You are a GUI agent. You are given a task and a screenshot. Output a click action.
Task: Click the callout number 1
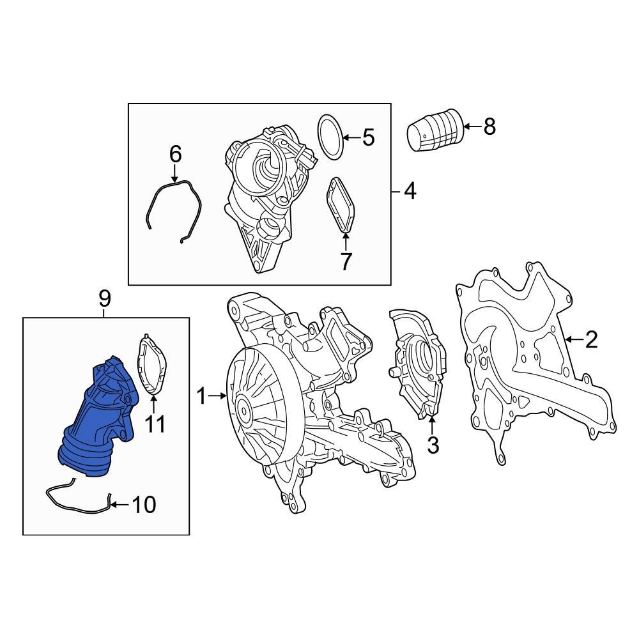tap(201, 397)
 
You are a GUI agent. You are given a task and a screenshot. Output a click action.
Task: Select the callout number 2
tap(591, 339)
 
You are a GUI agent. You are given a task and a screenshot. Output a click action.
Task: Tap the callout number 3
tap(433, 445)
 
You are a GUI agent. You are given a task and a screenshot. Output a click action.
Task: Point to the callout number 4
tap(410, 190)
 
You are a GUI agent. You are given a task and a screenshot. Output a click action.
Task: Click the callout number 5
tap(368, 137)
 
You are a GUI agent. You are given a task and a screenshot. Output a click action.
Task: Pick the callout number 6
tap(175, 154)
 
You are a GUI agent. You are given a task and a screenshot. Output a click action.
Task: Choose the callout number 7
tap(346, 261)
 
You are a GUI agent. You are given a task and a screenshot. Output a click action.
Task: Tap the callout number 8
tap(489, 127)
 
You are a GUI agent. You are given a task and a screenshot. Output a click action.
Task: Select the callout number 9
tap(105, 298)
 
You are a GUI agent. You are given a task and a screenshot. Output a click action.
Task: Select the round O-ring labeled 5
tap(330, 137)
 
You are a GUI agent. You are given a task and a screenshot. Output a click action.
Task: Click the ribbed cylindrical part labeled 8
tap(435, 132)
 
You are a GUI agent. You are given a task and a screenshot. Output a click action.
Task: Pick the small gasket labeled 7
tap(340, 204)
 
